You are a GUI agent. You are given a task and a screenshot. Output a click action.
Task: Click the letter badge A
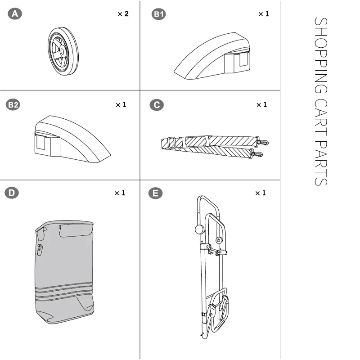click(15, 14)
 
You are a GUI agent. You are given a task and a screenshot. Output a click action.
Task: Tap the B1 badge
click(159, 14)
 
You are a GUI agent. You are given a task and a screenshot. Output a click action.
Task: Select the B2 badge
click(13, 105)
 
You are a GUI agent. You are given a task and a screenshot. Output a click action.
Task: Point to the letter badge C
click(157, 105)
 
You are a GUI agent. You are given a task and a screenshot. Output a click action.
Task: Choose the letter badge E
click(155, 193)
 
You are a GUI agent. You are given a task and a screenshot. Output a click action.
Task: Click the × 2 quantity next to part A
click(123, 14)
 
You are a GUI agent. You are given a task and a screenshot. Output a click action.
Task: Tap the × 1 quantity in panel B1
click(263, 14)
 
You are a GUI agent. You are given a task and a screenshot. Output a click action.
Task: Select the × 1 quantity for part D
click(120, 193)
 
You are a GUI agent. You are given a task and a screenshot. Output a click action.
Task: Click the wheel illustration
click(63, 51)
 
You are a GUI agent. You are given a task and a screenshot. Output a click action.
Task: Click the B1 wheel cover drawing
click(211, 56)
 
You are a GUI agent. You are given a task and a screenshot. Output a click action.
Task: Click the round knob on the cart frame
click(199, 229)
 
